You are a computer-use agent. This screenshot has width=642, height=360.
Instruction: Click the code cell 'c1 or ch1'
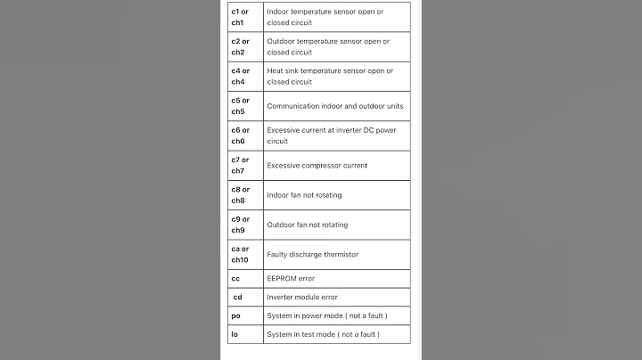tap(240, 17)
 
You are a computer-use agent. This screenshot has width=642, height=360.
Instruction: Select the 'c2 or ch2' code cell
tap(240, 46)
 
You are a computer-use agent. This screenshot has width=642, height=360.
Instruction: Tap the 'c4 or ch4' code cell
tap(240, 76)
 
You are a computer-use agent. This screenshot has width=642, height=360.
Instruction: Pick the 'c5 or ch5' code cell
tap(240, 106)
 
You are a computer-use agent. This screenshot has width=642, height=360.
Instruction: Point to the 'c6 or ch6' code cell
tap(240, 135)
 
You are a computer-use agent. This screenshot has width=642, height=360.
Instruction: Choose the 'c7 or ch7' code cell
tap(240, 165)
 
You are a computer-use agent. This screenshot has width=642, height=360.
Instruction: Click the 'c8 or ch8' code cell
tap(240, 194)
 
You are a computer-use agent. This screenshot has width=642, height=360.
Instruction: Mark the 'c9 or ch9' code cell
tap(240, 225)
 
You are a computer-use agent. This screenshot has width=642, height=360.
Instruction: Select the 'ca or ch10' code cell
tap(240, 254)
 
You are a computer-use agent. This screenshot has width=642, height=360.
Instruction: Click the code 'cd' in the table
tap(237, 297)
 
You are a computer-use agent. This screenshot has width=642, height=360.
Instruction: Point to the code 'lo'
tap(235, 334)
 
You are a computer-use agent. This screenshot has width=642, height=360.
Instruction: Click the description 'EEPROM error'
tap(290, 279)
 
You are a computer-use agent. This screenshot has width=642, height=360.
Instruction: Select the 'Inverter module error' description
tap(302, 297)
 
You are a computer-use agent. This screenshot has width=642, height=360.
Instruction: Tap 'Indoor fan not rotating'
tap(304, 194)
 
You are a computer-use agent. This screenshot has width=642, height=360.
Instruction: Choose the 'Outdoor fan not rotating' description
tap(308, 225)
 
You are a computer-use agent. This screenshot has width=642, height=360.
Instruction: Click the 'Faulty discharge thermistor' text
tap(312, 254)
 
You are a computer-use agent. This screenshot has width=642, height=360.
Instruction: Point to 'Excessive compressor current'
tap(317, 165)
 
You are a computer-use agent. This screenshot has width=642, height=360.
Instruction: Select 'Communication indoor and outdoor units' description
tap(335, 106)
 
